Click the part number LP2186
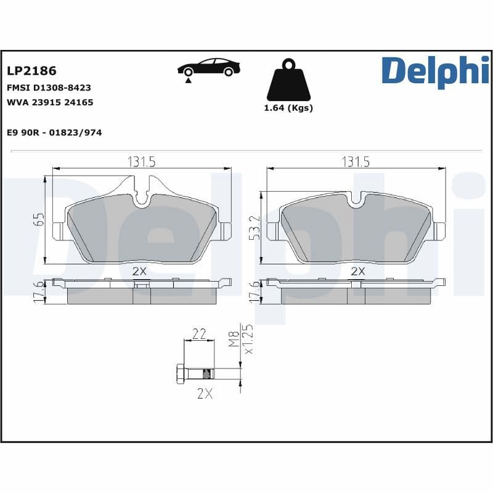point(31,72)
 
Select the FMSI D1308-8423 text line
point(49,88)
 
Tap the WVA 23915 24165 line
point(50,102)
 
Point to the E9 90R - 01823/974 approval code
point(54,132)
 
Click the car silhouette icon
point(208,68)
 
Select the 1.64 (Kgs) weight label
point(288,108)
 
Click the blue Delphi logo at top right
point(434,71)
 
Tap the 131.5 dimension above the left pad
point(141,161)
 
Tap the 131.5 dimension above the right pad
point(356,161)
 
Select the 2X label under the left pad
point(139,271)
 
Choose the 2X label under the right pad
point(357,271)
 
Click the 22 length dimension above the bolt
point(199,334)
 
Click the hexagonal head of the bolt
point(181,373)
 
